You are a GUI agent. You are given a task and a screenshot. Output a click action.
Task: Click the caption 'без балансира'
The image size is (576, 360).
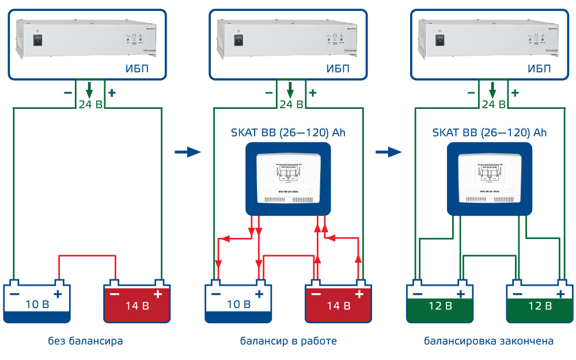click(85, 341)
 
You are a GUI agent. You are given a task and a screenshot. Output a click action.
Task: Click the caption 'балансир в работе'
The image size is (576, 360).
click(288, 341)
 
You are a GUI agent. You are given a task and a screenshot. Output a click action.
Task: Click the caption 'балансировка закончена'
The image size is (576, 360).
click(489, 341)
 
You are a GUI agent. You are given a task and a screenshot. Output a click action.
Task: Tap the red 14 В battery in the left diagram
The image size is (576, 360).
click(137, 302)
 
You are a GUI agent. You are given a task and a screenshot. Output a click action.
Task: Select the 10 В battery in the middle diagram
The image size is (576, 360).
click(238, 302)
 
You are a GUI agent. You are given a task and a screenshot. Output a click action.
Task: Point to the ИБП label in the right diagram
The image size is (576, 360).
click(539, 69)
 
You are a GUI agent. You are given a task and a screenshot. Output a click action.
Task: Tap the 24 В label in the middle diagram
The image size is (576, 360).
click(291, 104)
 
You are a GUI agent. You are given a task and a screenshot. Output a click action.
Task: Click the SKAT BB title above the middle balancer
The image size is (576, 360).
click(289, 132)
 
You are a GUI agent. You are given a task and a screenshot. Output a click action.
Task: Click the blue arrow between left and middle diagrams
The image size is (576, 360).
click(187, 152)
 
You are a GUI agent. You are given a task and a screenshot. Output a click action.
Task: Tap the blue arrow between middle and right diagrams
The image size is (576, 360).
click(389, 152)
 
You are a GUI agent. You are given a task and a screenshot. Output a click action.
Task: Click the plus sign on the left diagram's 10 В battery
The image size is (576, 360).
click(58, 294)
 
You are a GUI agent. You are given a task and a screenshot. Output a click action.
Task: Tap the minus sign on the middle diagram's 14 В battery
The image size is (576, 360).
click(316, 294)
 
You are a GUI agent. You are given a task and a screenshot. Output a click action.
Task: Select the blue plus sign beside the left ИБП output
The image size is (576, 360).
click(112, 92)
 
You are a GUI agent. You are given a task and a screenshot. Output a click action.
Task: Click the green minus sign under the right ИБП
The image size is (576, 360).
click(471, 92)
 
